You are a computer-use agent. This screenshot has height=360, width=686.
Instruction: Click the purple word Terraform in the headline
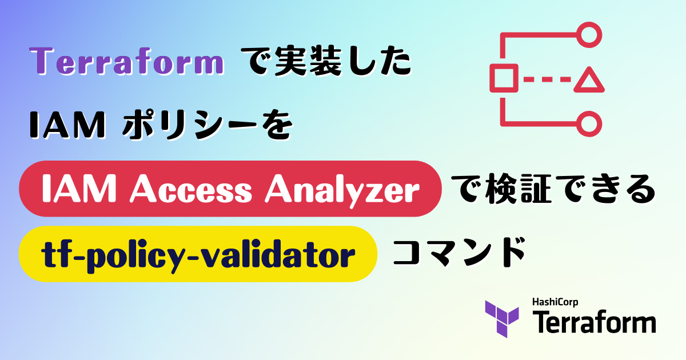tap(126, 61)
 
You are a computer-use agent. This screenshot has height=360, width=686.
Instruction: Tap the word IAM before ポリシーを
tap(67, 125)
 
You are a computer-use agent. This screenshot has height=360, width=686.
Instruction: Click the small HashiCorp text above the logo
tap(555, 302)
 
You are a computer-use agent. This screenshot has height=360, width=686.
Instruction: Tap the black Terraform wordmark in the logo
tap(594, 322)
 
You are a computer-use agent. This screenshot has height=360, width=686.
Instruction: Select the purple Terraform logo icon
tap(502, 319)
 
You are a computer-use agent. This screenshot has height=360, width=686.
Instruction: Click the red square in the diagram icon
tap(504, 78)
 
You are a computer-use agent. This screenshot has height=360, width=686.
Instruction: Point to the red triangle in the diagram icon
tap(589, 80)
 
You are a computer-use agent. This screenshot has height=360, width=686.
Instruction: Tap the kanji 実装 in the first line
tap(308, 61)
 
